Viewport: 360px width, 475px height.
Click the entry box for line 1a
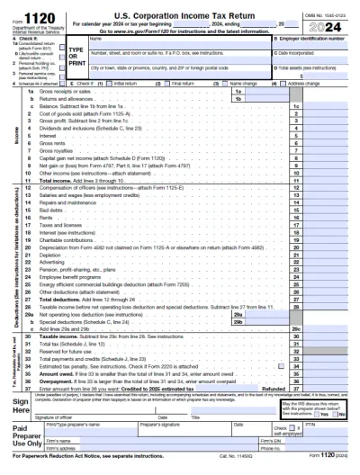click(263, 92)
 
